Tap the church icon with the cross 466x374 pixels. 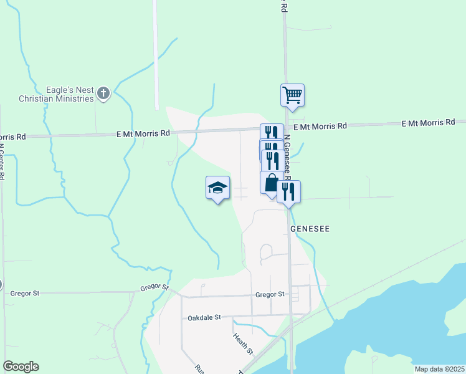pos(103,94)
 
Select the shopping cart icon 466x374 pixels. pos(292,96)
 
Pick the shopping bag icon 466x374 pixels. pos(272,183)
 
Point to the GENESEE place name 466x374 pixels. pos(310,229)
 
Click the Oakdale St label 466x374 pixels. pos(204,317)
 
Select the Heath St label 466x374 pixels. pos(243,345)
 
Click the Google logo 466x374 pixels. pos(21,367)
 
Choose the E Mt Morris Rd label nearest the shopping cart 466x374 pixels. pos(320,126)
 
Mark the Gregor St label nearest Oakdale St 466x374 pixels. pos(270,294)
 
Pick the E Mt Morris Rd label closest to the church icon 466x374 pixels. pos(143,133)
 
